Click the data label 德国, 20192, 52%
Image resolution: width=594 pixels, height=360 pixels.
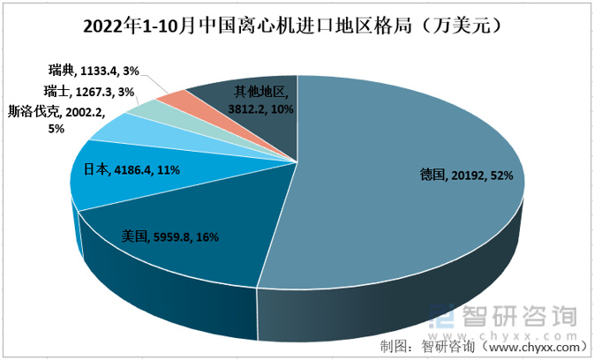tap(466, 176)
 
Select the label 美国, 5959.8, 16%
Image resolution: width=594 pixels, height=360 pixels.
tap(169, 236)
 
